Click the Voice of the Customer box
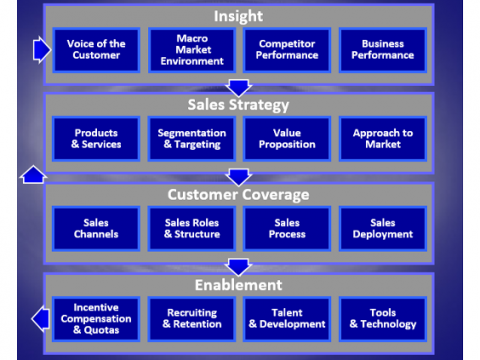[x=96, y=49]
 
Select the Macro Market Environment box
[x=191, y=49]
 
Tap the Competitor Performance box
[x=287, y=49]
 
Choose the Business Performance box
[x=382, y=49]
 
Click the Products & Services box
[x=96, y=138]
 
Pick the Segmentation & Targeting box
[x=191, y=138]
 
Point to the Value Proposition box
[x=287, y=138]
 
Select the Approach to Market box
[x=382, y=138]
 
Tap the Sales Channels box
[x=96, y=228]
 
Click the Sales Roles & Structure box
[x=191, y=228]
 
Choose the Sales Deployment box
[x=382, y=228]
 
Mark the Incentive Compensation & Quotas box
[x=96, y=318]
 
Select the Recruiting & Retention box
[x=191, y=318]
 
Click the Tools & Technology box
[x=382, y=318]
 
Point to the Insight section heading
[x=238, y=15]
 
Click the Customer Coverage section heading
[x=238, y=194]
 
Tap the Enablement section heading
[x=238, y=284]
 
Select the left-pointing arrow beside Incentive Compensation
[x=41, y=319]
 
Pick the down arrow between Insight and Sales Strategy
[x=238, y=87]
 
